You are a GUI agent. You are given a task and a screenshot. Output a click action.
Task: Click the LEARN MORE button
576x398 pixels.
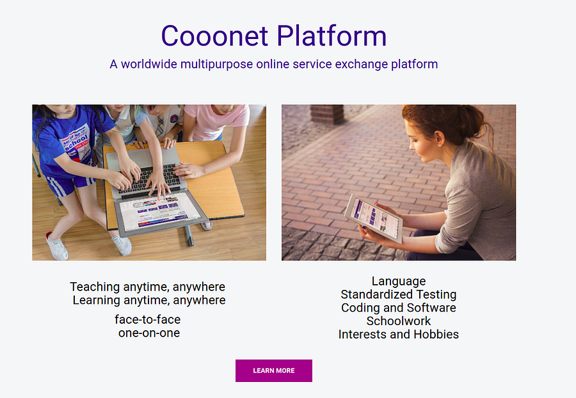click(274, 370)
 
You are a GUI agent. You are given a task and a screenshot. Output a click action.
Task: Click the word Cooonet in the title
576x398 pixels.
click(214, 36)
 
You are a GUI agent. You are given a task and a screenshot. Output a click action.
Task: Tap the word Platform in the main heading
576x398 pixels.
click(332, 36)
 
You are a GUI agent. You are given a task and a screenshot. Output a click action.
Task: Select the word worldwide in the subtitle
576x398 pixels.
click(150, 64)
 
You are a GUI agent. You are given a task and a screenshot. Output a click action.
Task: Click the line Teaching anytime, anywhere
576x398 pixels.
click(148, 287)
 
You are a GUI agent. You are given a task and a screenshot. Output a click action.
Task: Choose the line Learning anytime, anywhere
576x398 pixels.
click(149, 300)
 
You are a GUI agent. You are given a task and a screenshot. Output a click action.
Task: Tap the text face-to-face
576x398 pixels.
click(148, 319)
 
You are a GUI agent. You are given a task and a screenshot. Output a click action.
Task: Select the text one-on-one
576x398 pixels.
click(149, 333)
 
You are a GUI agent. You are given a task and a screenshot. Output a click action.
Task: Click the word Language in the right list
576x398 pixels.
click(399, 282)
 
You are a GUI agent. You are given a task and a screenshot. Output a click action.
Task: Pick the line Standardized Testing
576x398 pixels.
click(399, 294)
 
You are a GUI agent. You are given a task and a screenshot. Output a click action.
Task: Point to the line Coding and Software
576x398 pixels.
click(399, 308)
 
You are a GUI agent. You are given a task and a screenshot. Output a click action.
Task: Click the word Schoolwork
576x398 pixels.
click(399, 321)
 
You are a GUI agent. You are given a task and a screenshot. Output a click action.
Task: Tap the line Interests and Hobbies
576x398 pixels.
click(399, 335)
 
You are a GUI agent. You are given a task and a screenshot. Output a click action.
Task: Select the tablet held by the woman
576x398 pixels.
click(374, 218)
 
